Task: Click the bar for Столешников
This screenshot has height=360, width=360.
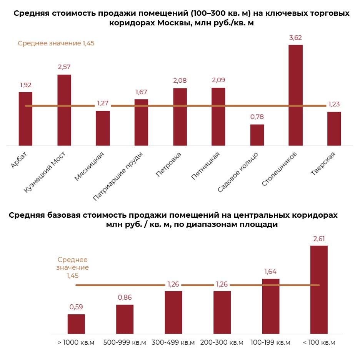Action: [x=295, y=95]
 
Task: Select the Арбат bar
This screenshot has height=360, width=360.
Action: [x=25, y=119]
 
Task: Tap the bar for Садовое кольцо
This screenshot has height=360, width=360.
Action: [x=257, y=135]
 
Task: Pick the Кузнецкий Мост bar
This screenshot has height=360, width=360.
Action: [x=64, y=110]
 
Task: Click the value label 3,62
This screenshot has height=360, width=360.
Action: [x=295, y=38]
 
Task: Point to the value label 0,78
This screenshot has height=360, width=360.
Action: [x=257, y=117]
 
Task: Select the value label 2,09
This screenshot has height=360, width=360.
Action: [x=218, y=80]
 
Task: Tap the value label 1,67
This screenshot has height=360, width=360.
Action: [x=141, y=92]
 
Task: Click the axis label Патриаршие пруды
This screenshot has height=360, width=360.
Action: [x=119, y=176]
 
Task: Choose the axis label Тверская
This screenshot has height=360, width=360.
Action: [x=323, y=163]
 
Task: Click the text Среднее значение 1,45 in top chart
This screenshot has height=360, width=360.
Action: [x=56, y=43]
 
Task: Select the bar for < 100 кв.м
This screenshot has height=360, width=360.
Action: [x=319, y=289]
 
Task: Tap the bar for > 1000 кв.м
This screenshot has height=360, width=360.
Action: [x=76, y=324]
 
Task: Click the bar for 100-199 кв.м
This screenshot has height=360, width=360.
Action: [x=270, y=306]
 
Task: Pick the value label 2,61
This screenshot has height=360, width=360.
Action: [x=319, y=239]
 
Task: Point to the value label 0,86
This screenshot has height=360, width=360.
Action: [x=125, y=297]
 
